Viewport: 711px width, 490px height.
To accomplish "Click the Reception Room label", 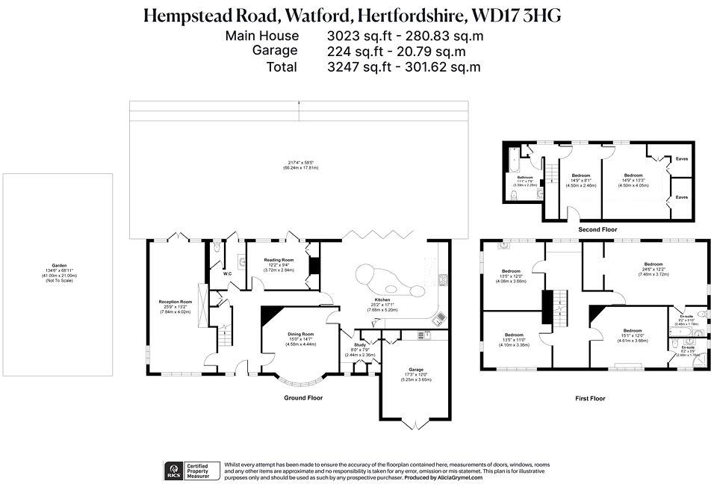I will click(176, 302).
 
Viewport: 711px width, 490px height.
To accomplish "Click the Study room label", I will click(358, 344).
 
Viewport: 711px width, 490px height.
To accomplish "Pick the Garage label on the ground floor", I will click(416, 370).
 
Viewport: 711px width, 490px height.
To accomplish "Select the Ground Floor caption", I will click(303, 398).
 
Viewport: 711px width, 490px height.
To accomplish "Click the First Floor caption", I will click(590, 399).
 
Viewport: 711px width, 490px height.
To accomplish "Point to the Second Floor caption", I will click(597, 230).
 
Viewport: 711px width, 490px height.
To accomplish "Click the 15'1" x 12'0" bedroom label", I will click(633, 330).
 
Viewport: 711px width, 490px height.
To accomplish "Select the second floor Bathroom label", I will click(525, 177).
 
